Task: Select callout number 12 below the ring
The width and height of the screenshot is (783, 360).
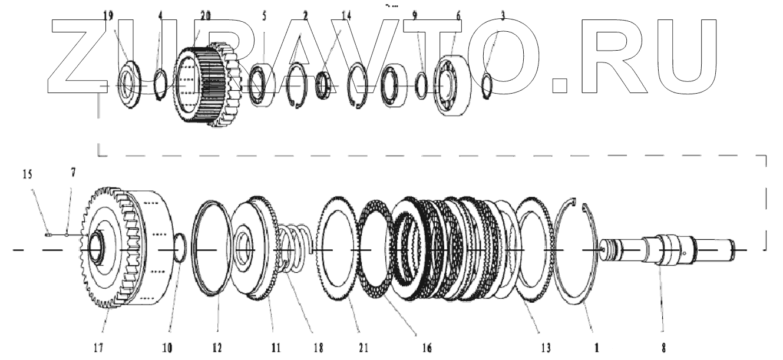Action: [x=217, y=348]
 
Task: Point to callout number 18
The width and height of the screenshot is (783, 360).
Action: [x=319, y=348]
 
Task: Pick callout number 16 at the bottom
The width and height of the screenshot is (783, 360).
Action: [x=427, y=348]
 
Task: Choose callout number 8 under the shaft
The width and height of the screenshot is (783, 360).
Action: [x=664, y=348]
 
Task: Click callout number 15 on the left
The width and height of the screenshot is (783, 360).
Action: [x=44, y=176]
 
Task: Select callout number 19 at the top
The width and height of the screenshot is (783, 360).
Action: [x=108, y=16]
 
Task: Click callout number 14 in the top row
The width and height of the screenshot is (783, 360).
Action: [x=346, y=16]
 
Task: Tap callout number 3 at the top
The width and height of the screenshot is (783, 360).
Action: [x=502, y=16]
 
